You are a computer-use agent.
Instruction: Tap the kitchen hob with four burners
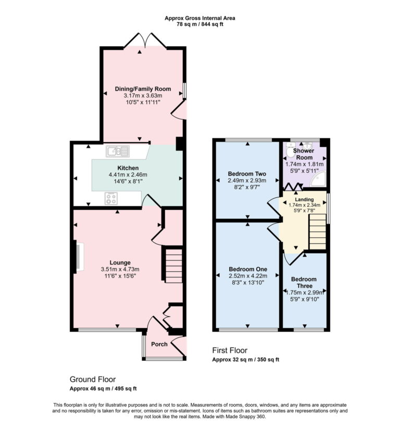click(x=111, y=198)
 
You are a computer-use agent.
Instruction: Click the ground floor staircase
click(x=174, y=265)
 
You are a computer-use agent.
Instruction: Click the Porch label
click(x=159, y=344)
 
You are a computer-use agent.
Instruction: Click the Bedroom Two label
click(x=247, y=173)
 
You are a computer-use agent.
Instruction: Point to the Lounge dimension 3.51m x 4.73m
click(x=120, y=269)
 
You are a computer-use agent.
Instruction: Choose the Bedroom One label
click(x=247, y=269)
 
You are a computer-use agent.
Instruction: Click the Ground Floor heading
click(x=93, y=380)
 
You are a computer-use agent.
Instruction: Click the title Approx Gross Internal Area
click(x=200, y=18)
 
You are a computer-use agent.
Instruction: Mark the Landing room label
click(x=305, y=199)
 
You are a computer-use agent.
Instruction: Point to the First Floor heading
click(x=230, y=350)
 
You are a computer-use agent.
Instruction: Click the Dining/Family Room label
click(x=143, y=89)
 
